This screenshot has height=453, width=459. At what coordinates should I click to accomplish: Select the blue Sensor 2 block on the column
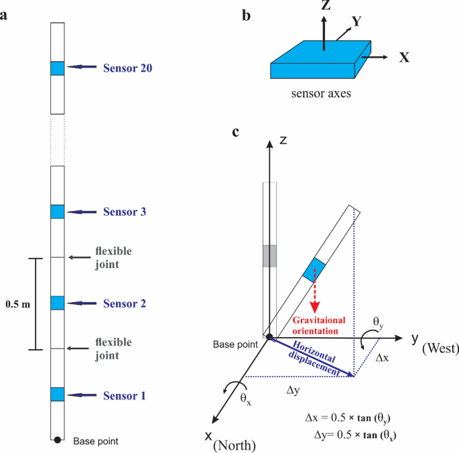click(57, 303)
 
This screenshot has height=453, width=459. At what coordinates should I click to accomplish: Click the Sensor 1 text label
click(124, 395)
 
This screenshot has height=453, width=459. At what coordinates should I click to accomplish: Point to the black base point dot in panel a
click(58, 440)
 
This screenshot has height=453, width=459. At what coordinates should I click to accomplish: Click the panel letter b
click(246, 13)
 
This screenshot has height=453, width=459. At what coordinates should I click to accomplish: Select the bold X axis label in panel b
click(404, 58)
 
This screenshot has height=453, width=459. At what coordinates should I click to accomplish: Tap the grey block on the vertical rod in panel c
click(269, 255)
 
